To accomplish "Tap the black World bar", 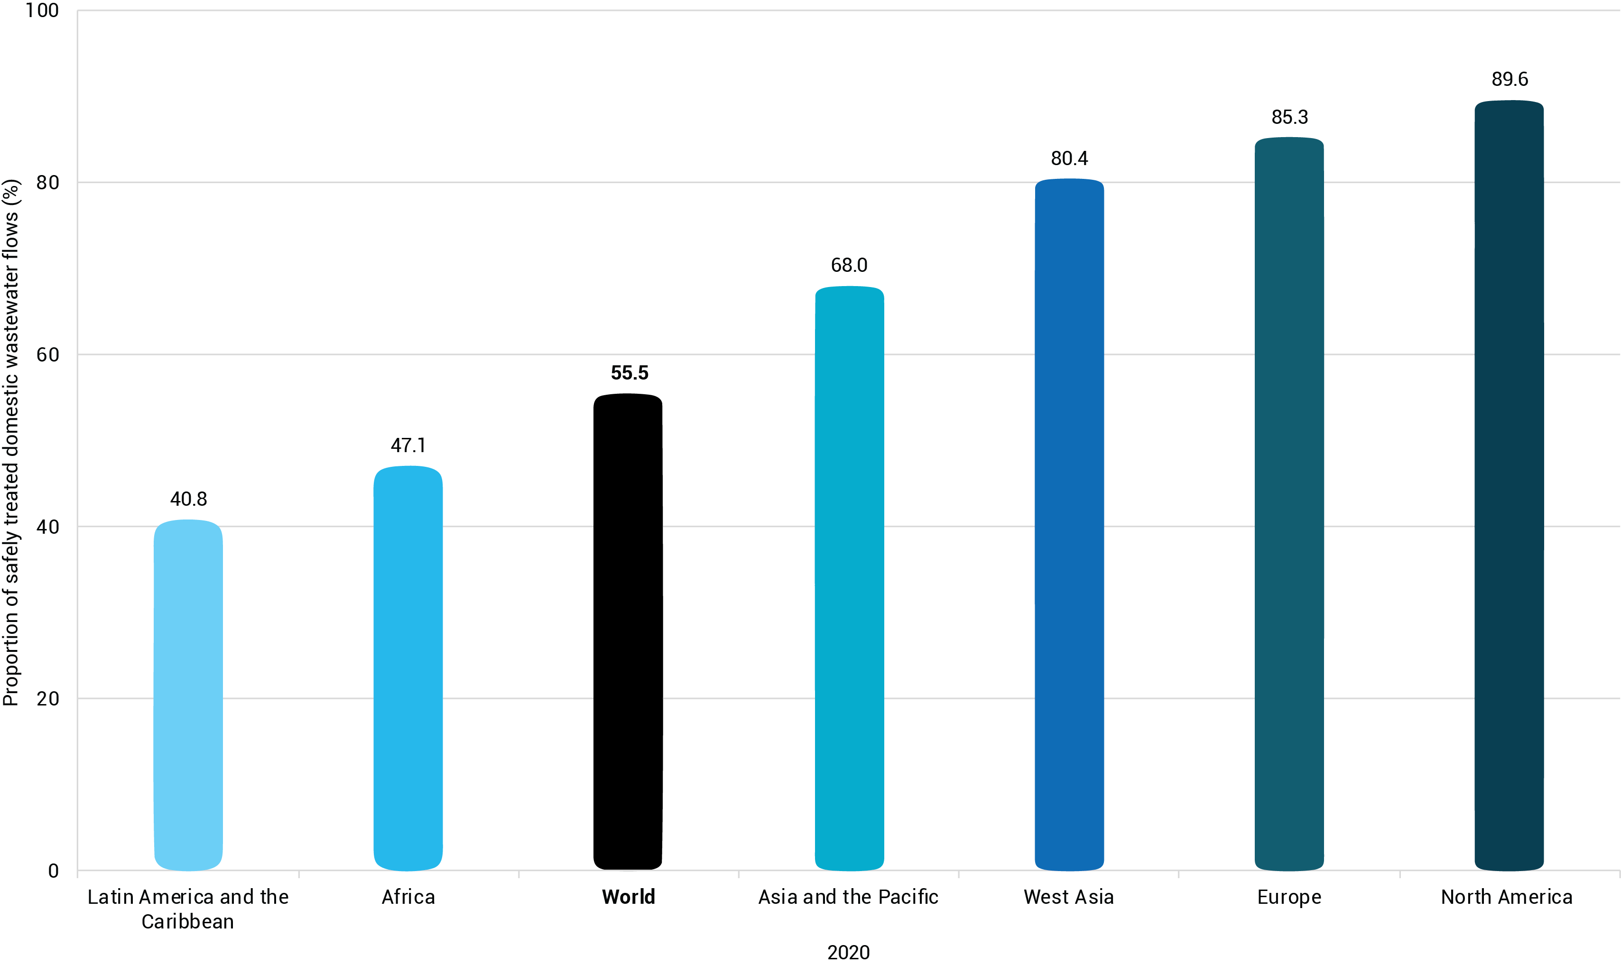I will click(628, 631).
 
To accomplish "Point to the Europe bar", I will click(1289, 504).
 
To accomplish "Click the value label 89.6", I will click(1509, 79).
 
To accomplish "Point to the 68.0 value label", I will click(849, 265).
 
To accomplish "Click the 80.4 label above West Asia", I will click(1069, 158).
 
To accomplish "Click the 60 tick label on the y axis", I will click(47, 354).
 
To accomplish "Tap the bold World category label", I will click(628, 897).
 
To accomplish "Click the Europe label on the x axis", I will click(1289, 897).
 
